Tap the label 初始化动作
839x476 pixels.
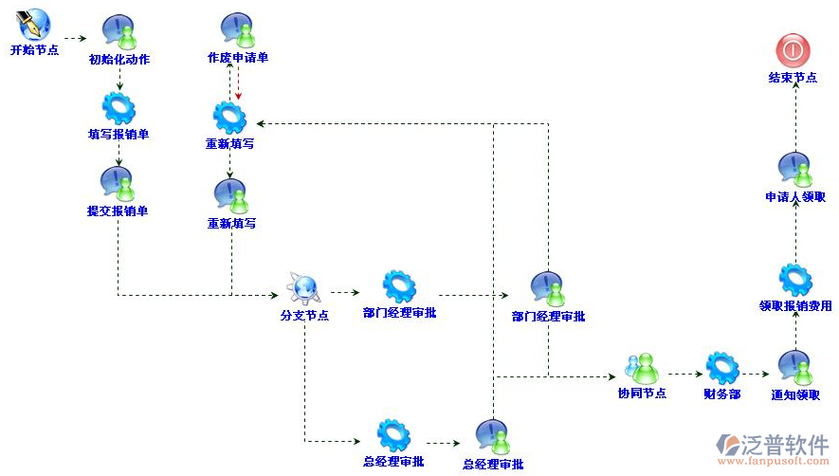(119, 60)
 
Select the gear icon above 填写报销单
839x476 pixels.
(119, 108)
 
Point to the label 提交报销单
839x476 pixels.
(118, 211)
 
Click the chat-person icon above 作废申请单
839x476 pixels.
(237, 30)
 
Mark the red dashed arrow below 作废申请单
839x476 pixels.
(238, 86)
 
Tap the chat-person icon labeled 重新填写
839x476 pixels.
(231, 195)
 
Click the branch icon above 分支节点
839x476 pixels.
(304, 285)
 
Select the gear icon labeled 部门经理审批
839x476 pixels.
(399, 285)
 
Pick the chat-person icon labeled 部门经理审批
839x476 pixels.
(548, 288)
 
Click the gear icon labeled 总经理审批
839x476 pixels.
(392, 435)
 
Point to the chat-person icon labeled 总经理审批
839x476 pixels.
(493, 436)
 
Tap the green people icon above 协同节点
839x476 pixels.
(641, 367)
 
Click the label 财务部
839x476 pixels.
(721, 394)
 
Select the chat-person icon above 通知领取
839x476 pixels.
(794, 367)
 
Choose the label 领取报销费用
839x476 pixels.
(795, 305)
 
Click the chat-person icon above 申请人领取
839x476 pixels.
(794, 169)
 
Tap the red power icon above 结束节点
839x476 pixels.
(793, 48)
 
